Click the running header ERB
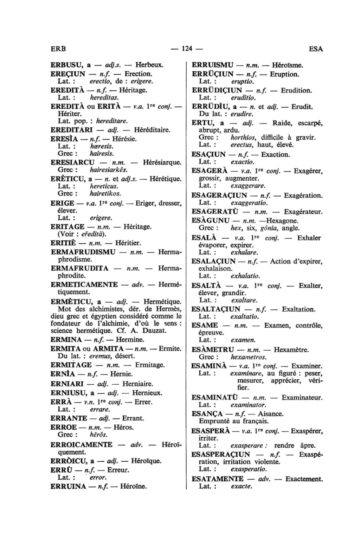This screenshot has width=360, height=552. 58,49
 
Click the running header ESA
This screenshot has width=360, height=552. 316,49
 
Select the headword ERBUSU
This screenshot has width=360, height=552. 66,65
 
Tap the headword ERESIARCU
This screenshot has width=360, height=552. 73,163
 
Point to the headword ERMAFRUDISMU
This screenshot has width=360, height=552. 83,252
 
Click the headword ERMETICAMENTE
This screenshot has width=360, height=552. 84,284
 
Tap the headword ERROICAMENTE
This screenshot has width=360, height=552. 82,445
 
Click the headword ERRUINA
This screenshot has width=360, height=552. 68,487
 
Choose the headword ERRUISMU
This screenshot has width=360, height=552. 212,65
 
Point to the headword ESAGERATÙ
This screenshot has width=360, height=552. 215,212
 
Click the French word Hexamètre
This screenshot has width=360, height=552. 291,350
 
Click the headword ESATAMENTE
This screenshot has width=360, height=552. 217,479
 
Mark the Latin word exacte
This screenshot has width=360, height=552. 242,487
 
